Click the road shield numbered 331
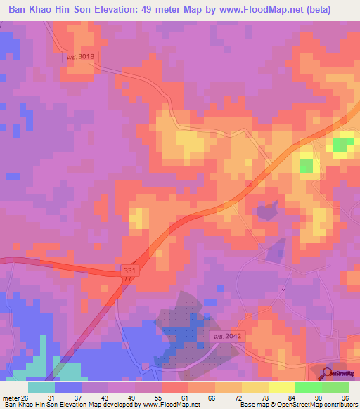(127, 270)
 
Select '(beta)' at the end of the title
(334, 10)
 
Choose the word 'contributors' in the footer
(339, 405)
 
